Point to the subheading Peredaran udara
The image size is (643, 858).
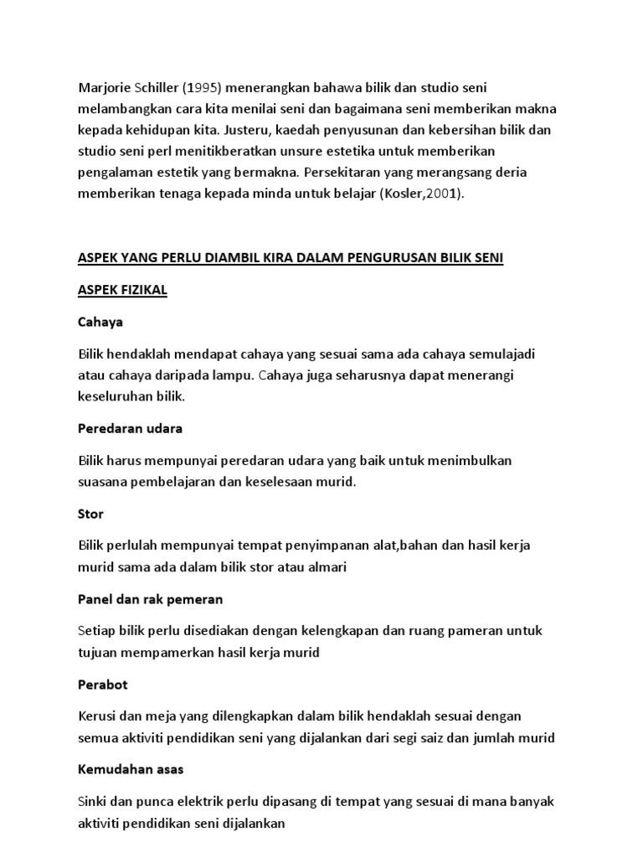coord(130,428)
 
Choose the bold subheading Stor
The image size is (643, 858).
coord(90,513)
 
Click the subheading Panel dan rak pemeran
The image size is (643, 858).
coord(150,599)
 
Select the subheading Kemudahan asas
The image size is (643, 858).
coord(131,769)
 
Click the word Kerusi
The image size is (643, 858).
coord(99,716)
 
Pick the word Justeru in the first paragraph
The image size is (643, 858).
coord(269,131)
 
